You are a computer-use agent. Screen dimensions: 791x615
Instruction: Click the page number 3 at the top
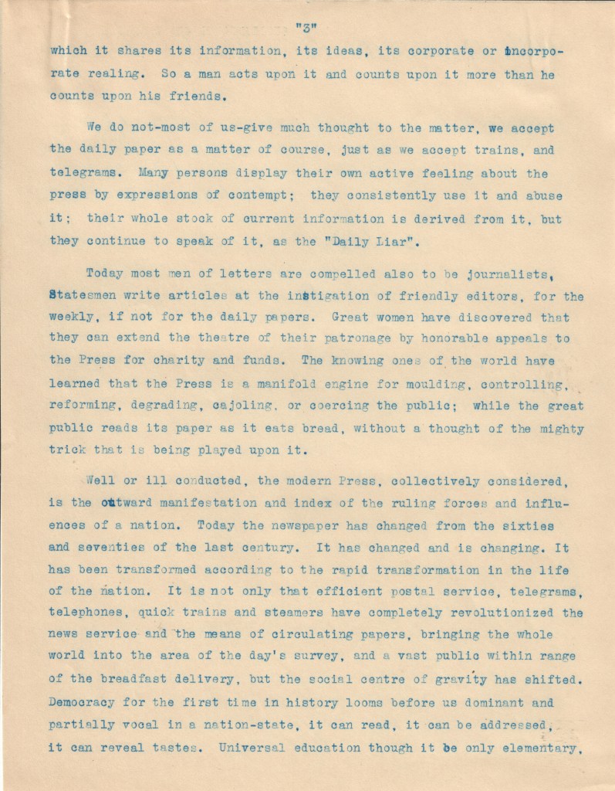click(x=307, y=31)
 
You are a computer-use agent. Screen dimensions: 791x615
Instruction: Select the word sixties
click(x=551, y=526)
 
